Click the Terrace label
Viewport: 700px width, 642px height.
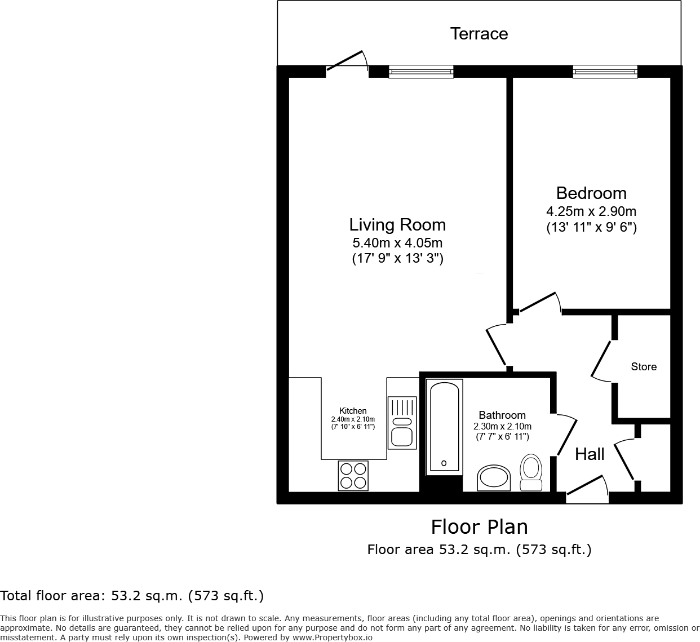click(479, 34)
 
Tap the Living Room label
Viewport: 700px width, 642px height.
click(397, 225)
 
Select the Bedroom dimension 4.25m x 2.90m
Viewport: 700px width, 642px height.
click(591, 212)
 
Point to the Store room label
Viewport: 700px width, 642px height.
click(644, 367)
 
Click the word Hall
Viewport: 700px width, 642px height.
click(590, 454)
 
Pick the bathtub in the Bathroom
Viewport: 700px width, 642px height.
click(444, 426)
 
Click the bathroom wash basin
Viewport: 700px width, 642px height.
click(494, 478)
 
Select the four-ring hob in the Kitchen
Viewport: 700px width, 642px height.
click(353, 475)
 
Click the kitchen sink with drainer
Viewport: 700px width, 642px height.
click(402, 423)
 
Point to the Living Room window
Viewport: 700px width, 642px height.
click(421, 72)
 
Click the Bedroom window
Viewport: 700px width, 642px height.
click(605, 72)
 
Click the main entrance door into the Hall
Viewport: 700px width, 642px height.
click(587, 488)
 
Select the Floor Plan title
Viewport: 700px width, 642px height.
click(480, 527)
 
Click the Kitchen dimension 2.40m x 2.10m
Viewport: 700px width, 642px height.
click(353, 419)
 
